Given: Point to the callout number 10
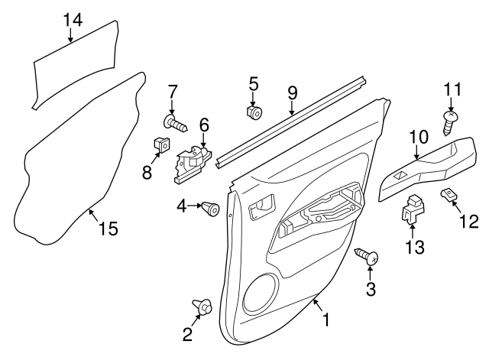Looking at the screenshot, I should pyautogui.click(x=418, y=138).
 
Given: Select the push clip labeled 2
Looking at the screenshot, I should pyautogui.click(x=204, y=306).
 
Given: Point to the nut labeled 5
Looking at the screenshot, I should pyautogui.click(x=254, y=113).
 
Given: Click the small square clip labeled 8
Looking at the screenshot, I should pyautogui.click(x=160, y=144).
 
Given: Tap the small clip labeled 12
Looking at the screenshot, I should pyautogui.click(x=449, y=196).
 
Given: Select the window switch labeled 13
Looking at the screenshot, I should pyautogui.click(x=412, y=209).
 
